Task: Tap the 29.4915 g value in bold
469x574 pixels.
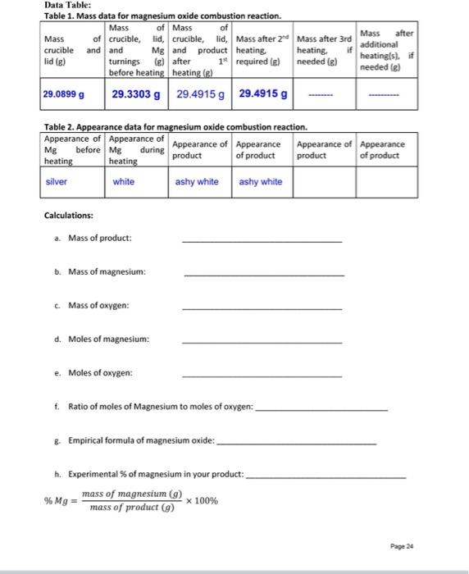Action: click(x=263, y=94)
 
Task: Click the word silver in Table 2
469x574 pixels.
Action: click(x=57, y=181)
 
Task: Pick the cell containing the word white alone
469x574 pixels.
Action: click(x=124, y=181)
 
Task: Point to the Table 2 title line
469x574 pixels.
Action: click(x=175, y=127)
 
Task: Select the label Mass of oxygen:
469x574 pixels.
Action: click(x=99, y=305)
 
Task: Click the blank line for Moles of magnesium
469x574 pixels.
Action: click(x=262, y=343)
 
